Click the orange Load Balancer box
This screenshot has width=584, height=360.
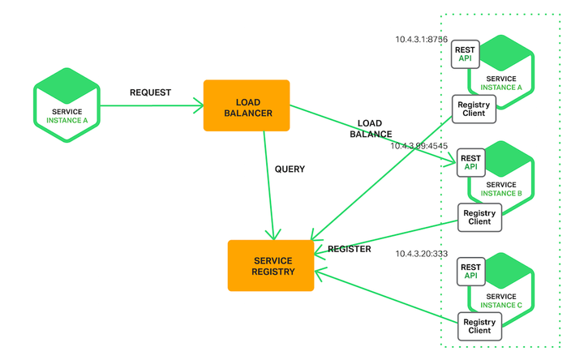[x=247, y=105]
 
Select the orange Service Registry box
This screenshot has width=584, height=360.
[x=271, y=265]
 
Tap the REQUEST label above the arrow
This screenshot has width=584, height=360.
[x=151, y=92]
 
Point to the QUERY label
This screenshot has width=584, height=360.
[x=290, y=169]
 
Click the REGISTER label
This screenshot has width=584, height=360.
[x=350, y=249]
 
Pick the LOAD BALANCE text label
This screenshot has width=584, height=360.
[x=371, y=129]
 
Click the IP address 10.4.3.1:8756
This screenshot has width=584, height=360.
[x=421, y=40]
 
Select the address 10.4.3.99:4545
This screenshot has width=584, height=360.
[x=419, y=146]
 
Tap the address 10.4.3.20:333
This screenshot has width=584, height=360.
[x=421, y=254]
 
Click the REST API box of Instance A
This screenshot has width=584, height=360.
[x=466, y=54]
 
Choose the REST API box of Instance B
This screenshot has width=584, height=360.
[x=470, y=163]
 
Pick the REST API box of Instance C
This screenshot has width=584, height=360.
[x=470, y=272]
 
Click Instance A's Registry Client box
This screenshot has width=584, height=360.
[x=474, y=109]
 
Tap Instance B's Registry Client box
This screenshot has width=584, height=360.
[x=479, y=217]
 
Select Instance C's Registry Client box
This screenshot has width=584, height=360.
[x=479, y=326]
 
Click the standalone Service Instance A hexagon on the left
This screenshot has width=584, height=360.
[x=67, y=105]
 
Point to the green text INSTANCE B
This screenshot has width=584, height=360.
[x=501, y=193]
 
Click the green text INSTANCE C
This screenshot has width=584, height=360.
[x=501, y=305]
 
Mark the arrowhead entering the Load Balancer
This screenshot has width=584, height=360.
[x=199, y=105]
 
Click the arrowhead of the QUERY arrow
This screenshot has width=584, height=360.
[x=273, y=235]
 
